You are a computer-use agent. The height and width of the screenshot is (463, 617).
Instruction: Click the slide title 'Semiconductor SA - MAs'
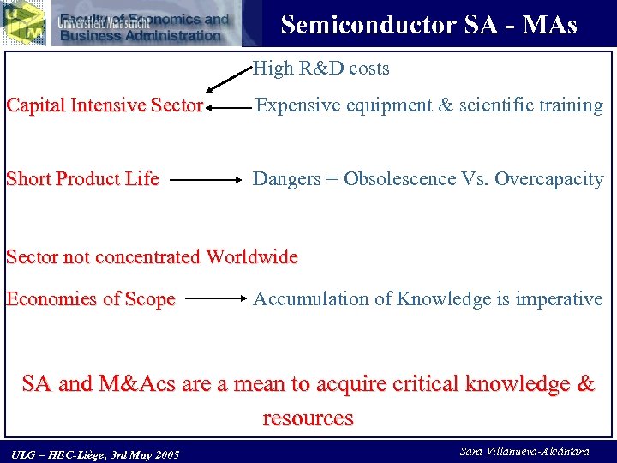click(x=428, y=24)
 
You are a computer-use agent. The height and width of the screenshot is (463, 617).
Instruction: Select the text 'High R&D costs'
click(x=321, y=69)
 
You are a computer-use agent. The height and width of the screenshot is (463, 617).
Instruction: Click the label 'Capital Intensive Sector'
click(x=104, y=105)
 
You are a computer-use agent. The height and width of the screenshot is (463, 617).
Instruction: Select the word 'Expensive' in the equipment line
click(x=296, y=105)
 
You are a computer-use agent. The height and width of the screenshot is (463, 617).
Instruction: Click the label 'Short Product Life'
click(x=82, y=179)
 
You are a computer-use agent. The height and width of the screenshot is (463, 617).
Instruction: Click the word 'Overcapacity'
click(x=549, y=179)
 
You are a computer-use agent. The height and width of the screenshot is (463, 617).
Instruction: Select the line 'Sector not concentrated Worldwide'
click(x=152, y=256)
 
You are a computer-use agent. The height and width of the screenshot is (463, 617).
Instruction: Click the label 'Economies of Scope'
click(x=90, y=299)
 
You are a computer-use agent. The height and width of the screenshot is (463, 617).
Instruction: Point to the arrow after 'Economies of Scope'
click(x=215, y=300)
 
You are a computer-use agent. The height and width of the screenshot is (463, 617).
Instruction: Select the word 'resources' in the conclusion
click(x=308, y=418)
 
